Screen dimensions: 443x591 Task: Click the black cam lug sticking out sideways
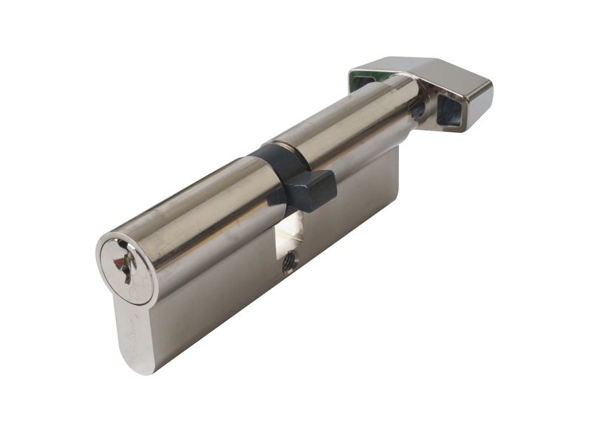[310, 190]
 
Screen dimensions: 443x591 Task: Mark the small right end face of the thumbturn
[480, 103]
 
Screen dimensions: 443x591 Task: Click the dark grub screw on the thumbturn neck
[417, 111]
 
